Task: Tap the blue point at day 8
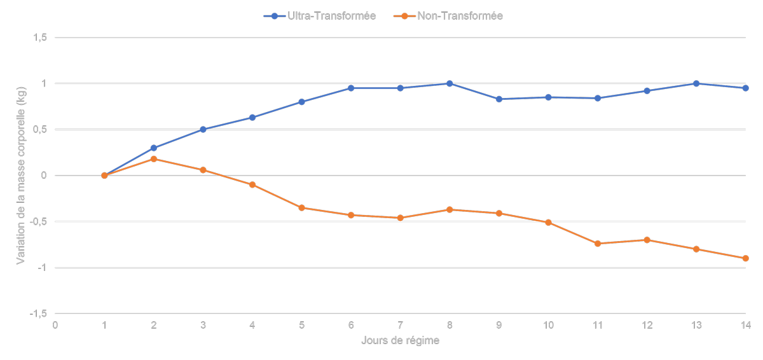coord(450,83)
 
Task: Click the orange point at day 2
coord(153,159)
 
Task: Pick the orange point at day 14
coord(745,258)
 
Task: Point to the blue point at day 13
coord(696,83)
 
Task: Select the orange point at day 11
coord(598,244)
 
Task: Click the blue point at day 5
coord(301,102)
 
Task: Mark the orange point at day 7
coord(400,218)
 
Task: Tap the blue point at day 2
coord(153,148)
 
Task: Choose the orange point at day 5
coord(301,207)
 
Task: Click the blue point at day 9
coord(499,99)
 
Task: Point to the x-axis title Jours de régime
coord(400,340)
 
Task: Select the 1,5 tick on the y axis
coord(41,38)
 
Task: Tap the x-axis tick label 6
coord(351,325)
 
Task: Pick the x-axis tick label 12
coord(647,325)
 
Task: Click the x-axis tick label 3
coord(203,325)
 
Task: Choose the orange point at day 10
coord(548,223)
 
